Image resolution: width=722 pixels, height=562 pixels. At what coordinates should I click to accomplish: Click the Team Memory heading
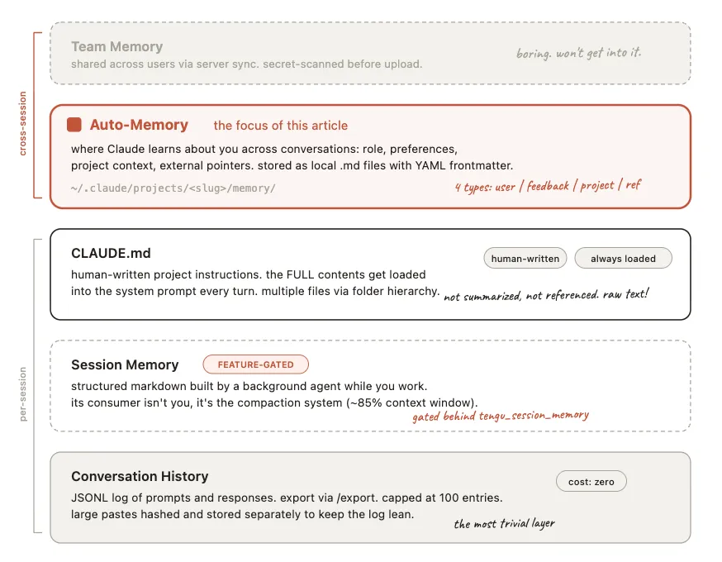116,47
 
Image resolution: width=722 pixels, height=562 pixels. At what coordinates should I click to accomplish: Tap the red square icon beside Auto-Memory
74,125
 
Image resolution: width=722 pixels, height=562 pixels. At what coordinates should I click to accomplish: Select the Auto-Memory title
139,125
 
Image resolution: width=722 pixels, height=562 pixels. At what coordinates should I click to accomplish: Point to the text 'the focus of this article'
280,126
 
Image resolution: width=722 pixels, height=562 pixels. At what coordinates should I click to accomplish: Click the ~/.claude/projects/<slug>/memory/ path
173,188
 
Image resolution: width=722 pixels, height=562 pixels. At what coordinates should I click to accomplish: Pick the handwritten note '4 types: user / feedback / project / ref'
548,186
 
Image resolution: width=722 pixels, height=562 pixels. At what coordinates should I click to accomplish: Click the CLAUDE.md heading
111,253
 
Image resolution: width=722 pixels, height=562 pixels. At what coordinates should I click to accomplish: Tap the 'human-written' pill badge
525,259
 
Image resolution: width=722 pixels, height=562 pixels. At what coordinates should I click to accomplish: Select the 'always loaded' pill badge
623,259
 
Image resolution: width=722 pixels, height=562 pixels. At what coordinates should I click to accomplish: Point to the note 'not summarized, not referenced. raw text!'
546,295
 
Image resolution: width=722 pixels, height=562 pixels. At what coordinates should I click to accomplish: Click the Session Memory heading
125,364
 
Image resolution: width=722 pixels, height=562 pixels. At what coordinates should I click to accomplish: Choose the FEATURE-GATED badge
255,364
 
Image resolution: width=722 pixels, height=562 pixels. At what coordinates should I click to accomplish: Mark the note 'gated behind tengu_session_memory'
501,416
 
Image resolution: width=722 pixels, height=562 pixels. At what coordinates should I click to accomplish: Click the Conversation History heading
140,476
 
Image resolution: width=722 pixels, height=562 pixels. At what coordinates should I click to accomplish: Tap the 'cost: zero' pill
591,482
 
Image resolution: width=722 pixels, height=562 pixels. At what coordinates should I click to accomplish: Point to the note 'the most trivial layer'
504,523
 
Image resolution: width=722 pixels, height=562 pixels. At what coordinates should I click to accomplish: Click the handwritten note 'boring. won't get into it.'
578,53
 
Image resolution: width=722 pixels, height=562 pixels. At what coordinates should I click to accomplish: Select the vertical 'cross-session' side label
23,123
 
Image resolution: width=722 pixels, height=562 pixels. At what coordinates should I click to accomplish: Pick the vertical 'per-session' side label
23,394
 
